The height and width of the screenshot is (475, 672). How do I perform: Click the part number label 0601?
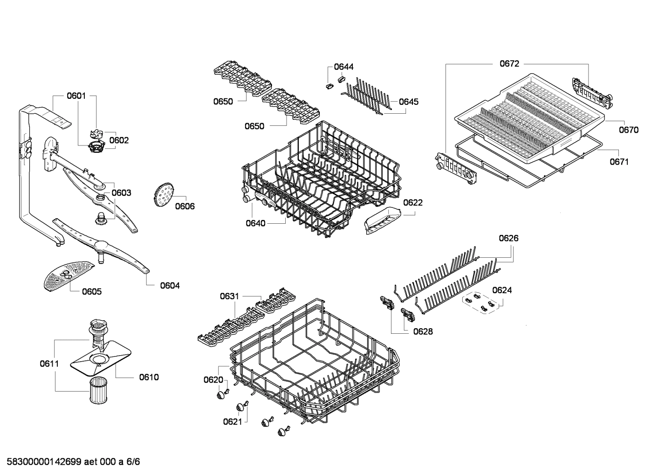(x=76, y=96)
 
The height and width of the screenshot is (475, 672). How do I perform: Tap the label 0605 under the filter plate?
(x=92, y=291)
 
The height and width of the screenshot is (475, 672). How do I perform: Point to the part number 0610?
(x=149, y=377)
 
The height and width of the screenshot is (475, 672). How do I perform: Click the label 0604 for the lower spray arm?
(x=170, y=285)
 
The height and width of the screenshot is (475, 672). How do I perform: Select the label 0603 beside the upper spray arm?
(x=121, y=193)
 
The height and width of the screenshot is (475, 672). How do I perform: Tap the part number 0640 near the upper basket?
(x=255, y=223)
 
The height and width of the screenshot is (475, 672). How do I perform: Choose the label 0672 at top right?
(x=509, y=64)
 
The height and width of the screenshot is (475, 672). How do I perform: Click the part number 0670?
(x=629, y=130)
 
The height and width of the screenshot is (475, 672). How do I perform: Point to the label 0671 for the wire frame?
(x=619, y=162)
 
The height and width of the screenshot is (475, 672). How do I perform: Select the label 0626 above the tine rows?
(x=508, y=238)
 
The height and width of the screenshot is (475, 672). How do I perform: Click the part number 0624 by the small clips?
(x=502, y=290)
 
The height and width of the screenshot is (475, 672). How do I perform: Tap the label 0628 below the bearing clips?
(x=423, y=331)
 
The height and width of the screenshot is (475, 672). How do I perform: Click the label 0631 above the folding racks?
(x=229, y=296)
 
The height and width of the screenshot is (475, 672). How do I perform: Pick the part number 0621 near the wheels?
(x=232, y=422)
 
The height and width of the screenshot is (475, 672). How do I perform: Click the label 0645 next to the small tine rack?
(x=409, y=102)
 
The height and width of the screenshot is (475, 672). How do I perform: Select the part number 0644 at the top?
(x=344, y=67)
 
